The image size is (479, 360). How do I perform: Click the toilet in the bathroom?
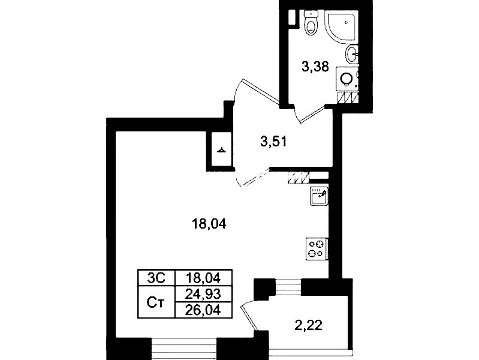[312, 23]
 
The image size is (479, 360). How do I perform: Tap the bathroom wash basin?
[352, 55]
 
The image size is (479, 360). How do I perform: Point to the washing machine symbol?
[347, 79]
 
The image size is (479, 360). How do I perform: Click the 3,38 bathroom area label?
[315, 67]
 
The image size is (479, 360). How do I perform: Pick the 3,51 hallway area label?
[273, 142]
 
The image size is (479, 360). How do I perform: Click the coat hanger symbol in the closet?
[222, 150]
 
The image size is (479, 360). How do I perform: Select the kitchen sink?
[319, 196]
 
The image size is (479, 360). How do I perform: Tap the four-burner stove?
[317, 249]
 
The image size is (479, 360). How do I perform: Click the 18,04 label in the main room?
[209, 224]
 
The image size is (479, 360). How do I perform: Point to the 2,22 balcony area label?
[309, 325]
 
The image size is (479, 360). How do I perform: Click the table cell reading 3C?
[156, 278]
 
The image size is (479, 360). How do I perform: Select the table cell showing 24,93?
[203, 294]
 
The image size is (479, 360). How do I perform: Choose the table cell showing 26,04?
[203, 310]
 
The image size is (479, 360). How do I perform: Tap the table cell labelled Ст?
[156, 302]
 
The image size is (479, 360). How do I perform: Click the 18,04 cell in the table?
[203, 278]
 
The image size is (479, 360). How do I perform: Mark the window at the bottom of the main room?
[184, 349]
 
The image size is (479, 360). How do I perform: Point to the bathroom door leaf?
[312, 114]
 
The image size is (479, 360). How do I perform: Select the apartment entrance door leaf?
[260, 91]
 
